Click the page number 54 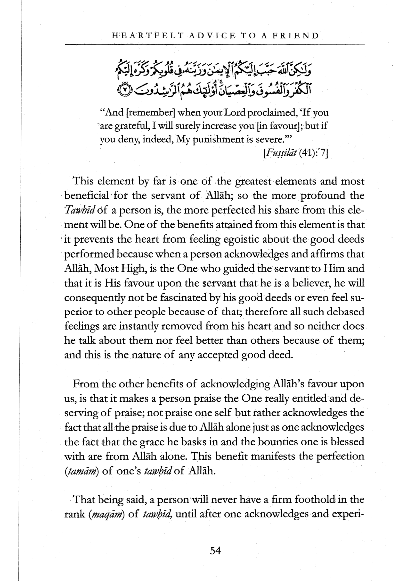[215, 551]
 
